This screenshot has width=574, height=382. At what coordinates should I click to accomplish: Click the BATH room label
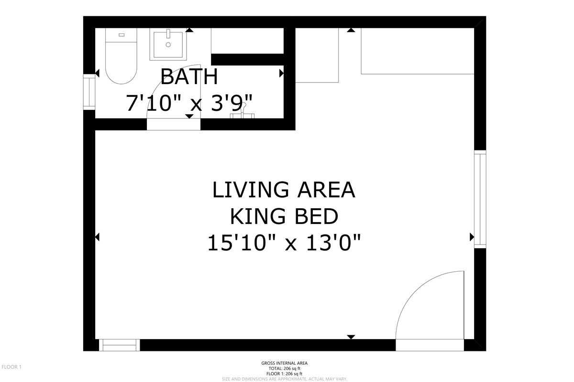pyautogui.click(x=189, y=76)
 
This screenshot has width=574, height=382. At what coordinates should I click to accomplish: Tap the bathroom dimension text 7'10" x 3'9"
pyautogui.click(x=189, y=103)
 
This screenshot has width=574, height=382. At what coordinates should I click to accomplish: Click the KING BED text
pyautogui.click(x=284, y=216)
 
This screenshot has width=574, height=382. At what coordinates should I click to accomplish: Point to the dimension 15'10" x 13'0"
pyautogui.click(x=284, y=243)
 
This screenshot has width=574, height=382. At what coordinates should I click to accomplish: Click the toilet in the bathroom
pyautogui.click(x=121, y=56)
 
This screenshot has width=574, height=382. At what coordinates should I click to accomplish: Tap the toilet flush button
pyautogui.click(x=121, y=35)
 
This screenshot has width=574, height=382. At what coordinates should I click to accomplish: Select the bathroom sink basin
pyautogui.click(x=168, y=44)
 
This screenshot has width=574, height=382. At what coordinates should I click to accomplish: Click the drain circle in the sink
pyautogui.click(x=168, y=45)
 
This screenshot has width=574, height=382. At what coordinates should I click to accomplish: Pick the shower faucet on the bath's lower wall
pyautogui.click(x=243, y=111)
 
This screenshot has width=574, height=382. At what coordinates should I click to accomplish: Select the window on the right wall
pyautogui.click(x=480, y=199)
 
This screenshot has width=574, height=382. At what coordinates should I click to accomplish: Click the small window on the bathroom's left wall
pyautogui.click(x=89, y=92)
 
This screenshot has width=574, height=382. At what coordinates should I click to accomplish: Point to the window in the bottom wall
pyautogui.click(x=120, y=345)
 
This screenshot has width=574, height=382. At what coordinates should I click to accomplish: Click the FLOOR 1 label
pyautogui.click(x=11, y=367)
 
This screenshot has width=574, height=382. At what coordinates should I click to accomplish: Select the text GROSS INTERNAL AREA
pyautogui.click(x=285, y=363)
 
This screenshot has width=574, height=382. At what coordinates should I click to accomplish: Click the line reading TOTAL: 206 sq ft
pyautogui.click(x=285, y=369)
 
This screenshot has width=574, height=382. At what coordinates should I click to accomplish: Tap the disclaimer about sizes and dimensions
pyautogui.click(x=285, y=379)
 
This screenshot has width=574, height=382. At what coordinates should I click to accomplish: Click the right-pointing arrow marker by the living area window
pyautogui.click(x=472, y=237)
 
